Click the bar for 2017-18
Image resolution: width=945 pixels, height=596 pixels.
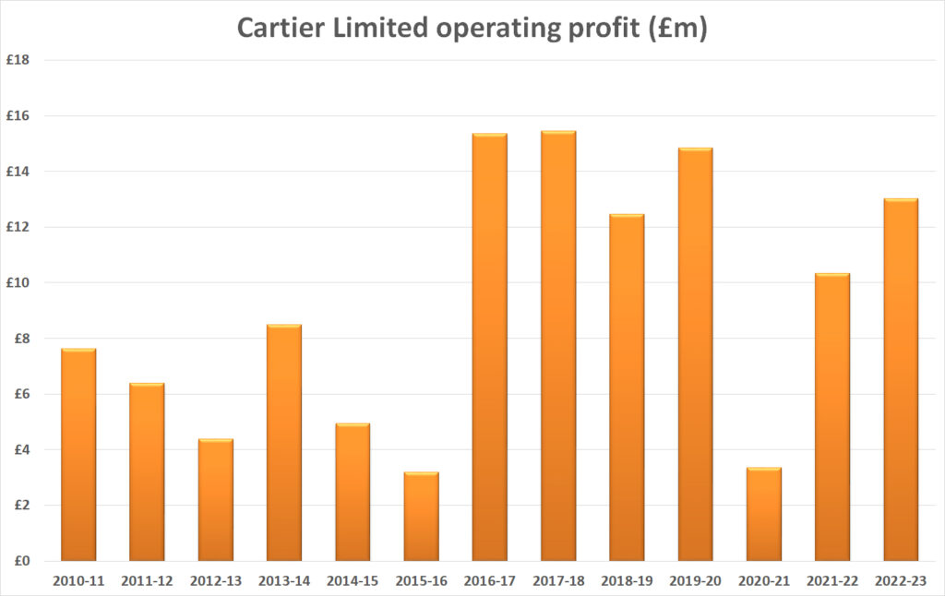point(558,346)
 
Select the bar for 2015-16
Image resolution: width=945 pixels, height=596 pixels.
point(421,517)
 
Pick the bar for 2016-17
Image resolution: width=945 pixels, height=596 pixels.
point(489,347)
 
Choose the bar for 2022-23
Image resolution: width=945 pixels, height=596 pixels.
point(901,379)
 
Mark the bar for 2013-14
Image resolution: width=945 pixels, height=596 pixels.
point(283,442)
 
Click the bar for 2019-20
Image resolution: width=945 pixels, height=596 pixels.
point(695,354)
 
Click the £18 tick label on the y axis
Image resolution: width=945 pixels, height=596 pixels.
point(19,60)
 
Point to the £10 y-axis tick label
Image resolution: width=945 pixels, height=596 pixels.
point(19,282)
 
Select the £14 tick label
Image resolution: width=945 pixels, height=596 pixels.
point(19,172)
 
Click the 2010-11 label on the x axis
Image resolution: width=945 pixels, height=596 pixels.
point(78,581)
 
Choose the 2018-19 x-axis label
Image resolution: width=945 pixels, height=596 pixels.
point(627,581)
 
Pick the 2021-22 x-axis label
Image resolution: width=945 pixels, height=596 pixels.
point(832,581)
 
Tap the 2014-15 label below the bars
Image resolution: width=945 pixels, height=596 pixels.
point(353,581)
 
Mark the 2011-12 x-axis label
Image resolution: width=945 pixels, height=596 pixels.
point(147,581)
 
